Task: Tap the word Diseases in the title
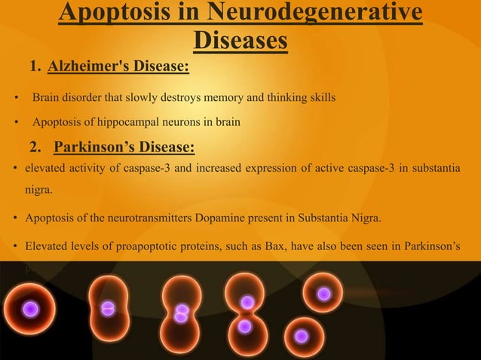pyautogui.click(x=240, y=41)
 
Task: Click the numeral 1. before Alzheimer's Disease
pyautogui.click(x=36, y=69)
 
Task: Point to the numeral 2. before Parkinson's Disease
pyautogui.click(x=38, y=146)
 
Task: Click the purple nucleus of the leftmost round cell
pyautogui.click(x=30, y=308)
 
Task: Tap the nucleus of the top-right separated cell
pyautogui.click(x=324, y=294)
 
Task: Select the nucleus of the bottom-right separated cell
pyautogui.click(x=301, y=336)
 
